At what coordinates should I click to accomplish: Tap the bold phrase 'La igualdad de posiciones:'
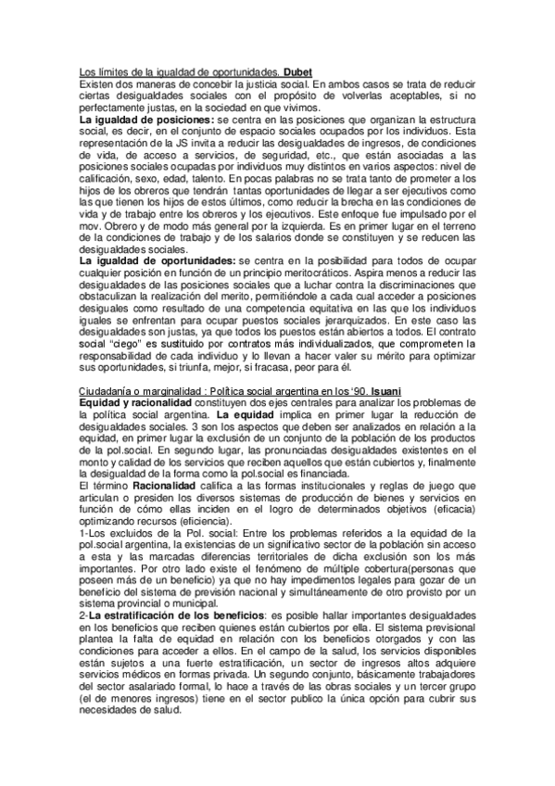tap(137, 120)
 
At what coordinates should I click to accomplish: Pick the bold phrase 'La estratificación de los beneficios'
tap(178, 615)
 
